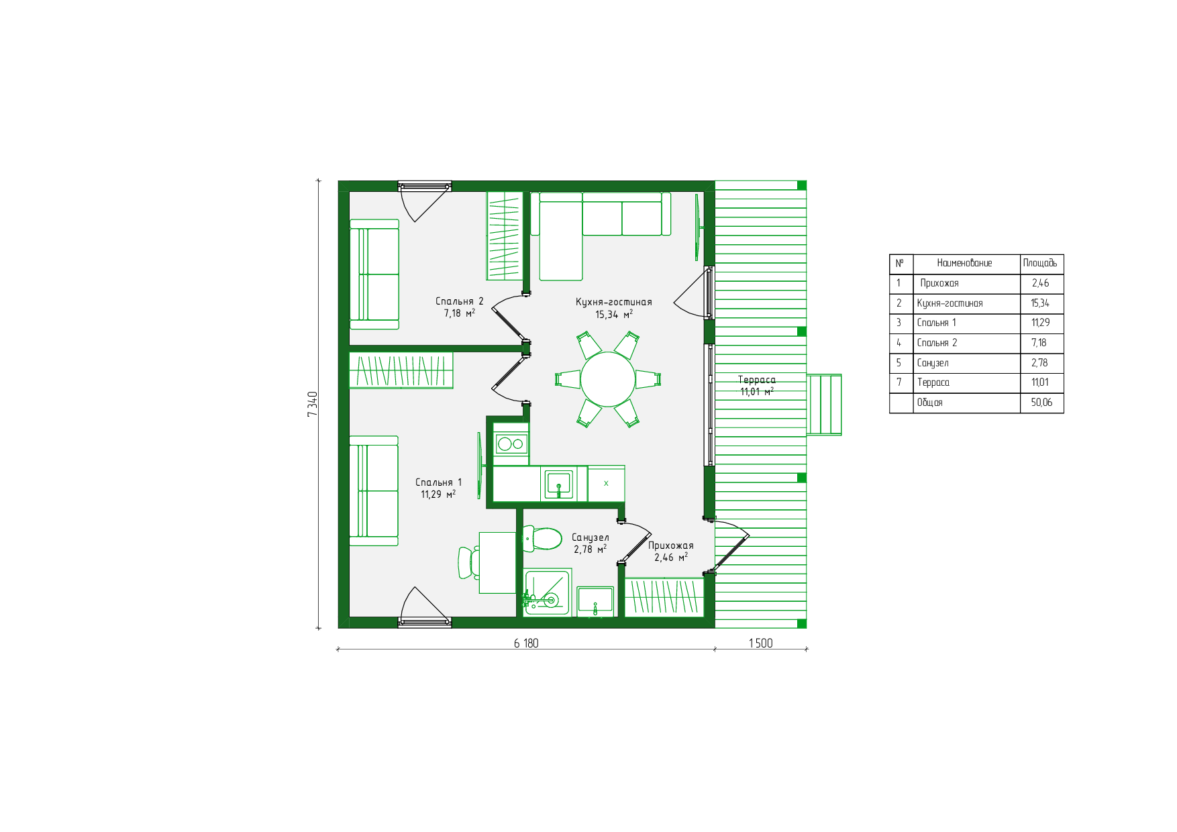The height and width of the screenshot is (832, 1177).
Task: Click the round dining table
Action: click(x=607, y=379)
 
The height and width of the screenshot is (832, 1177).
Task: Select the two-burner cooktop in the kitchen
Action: click(x=511, y=444)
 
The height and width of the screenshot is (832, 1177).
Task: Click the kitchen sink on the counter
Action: click(x=558, y=484)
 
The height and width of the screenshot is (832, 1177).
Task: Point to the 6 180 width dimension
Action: click(x=526, y=643)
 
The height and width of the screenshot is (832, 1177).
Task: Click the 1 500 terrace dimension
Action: click(x=760, y=643)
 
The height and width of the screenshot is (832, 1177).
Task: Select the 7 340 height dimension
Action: click(x=312, y=404)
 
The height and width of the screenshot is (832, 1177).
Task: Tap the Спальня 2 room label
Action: click(x=459, y=301)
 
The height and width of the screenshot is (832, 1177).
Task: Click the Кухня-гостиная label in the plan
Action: click(x=613, y=302)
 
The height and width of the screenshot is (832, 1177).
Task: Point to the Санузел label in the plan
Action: click(x=591, y=537)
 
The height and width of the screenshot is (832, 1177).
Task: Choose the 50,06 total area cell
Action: click(x=1041, y=403)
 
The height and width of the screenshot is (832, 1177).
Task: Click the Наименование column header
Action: click(x=964, y=263)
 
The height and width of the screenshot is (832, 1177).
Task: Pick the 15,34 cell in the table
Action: click(x=1040, y=303)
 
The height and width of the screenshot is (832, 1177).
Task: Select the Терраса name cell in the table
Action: click(x=933, y=382)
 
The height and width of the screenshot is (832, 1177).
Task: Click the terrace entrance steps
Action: click(x=824, y=405)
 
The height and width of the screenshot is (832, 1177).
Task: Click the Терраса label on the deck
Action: click(x=757, y=380)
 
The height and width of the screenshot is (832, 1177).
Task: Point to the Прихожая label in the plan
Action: click(x=671, y=545)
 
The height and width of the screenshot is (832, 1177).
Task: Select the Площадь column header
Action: click(x=1040, y=263)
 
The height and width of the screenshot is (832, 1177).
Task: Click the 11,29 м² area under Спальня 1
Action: click(x=438, y=494)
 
